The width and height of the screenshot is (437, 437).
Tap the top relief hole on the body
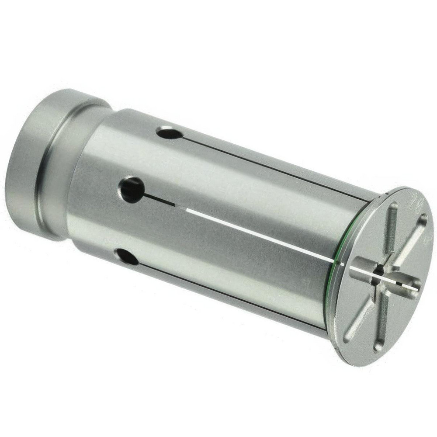tap(169, 132)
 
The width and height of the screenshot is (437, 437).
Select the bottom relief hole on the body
tap(127, 257)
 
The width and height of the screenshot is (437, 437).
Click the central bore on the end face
tap(378, 271)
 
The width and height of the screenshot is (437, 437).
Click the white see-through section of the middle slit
tap(262, 236)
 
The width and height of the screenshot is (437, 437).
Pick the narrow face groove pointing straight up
tap(392, 223)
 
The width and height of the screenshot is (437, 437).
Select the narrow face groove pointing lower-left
tap(356, 323)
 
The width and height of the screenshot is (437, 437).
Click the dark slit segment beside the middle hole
tap(166, 202)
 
